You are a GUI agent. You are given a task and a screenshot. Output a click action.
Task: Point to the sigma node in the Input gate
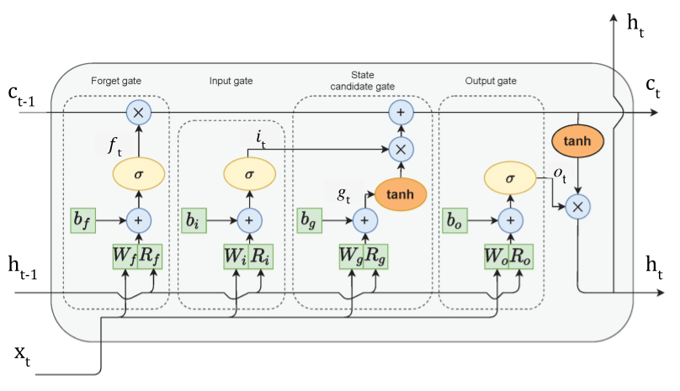[247, 176]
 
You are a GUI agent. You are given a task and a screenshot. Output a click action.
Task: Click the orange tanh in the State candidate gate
[400, 194]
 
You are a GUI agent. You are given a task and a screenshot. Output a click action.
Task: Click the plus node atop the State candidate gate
[401, 111]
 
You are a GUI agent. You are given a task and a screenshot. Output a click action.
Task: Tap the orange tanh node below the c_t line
[578, 143]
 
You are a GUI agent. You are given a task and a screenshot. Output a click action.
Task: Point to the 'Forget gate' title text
[115, 81]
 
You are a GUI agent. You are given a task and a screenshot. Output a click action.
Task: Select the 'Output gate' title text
[491, 81]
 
